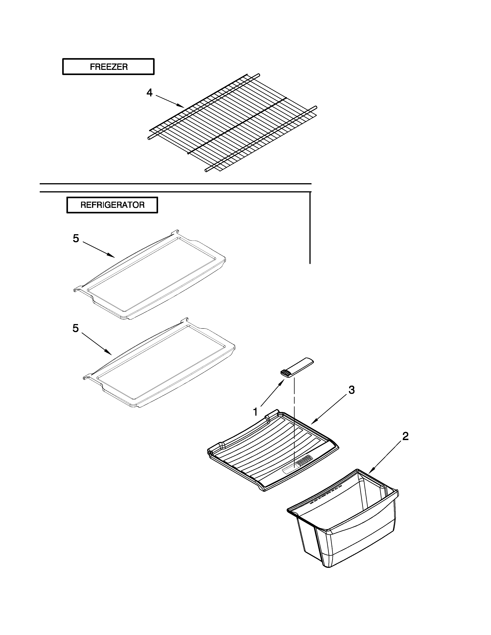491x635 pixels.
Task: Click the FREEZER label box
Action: (x=108, y=67)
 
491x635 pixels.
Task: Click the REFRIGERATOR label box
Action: (x=112, y=205)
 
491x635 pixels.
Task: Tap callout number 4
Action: (x=149, y=93)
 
